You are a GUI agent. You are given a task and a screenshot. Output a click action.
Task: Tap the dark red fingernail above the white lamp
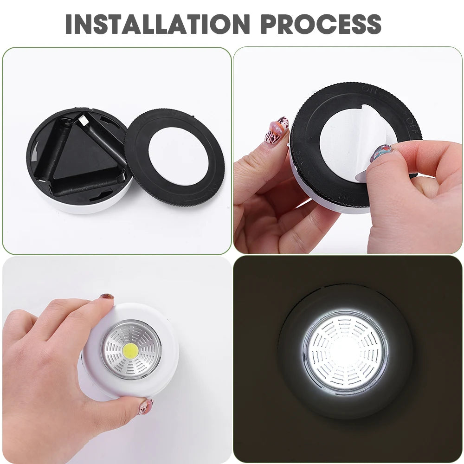[107, 296]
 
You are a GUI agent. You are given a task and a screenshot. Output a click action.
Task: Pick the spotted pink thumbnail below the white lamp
[146, 406]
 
